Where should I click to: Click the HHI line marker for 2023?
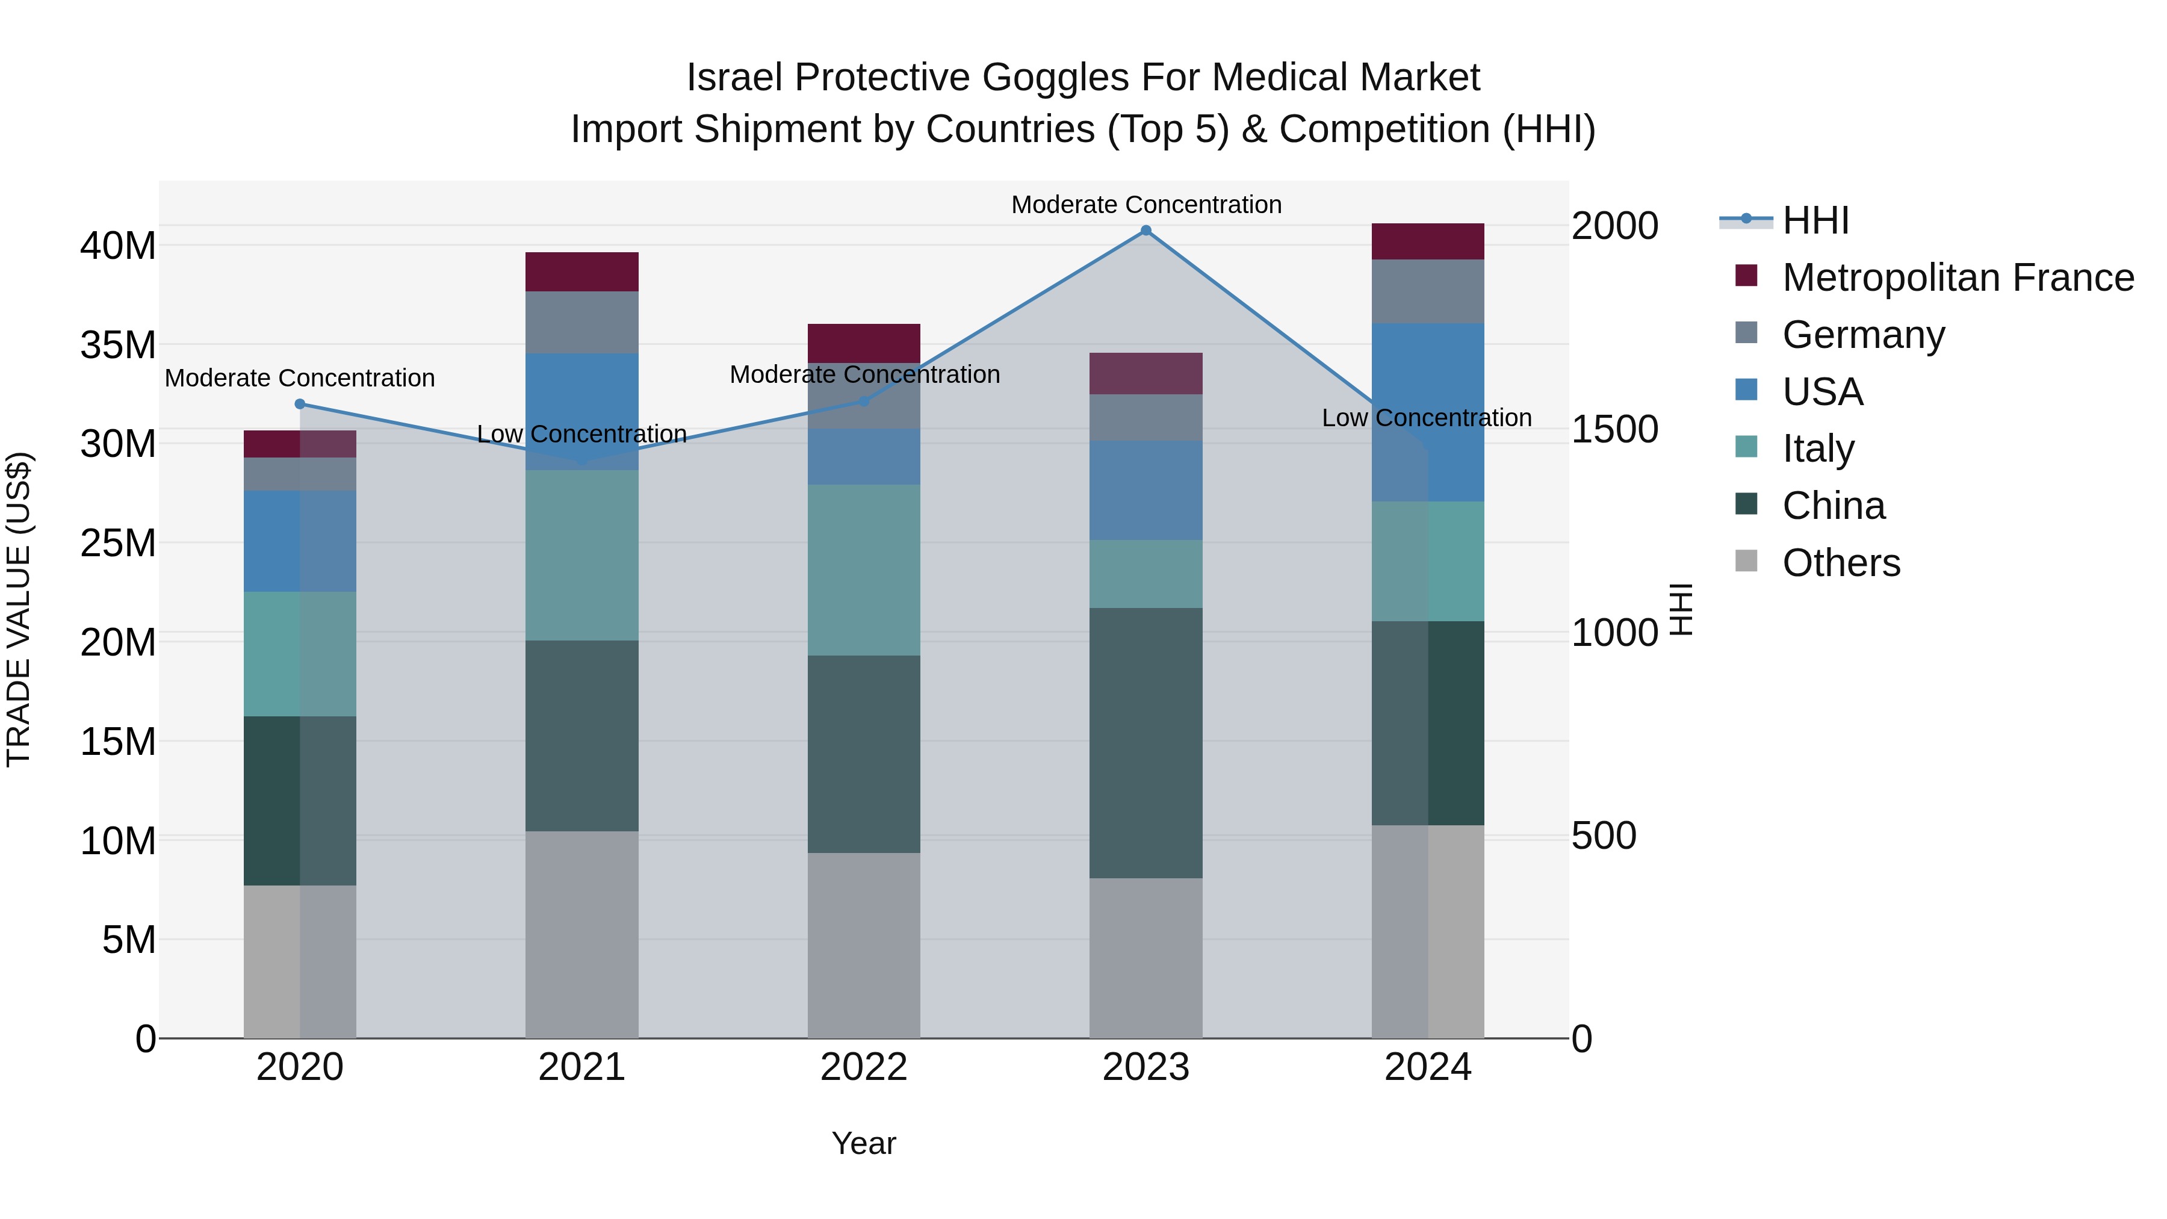(1146, 230)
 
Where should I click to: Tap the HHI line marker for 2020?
(300, 404)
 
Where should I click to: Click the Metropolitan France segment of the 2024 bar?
(1428, 241)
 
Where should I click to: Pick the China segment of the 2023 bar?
(1146, 743)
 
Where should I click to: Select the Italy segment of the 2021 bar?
(581, 555)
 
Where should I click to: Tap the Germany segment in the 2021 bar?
(581, 322)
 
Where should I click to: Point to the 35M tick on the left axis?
(118, 345)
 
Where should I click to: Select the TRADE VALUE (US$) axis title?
(19, 609)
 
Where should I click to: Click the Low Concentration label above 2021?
(581, 434)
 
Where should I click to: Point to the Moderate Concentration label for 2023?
(1146, 205)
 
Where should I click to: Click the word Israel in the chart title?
(734, 78)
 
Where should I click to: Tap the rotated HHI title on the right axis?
(1680, 609)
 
